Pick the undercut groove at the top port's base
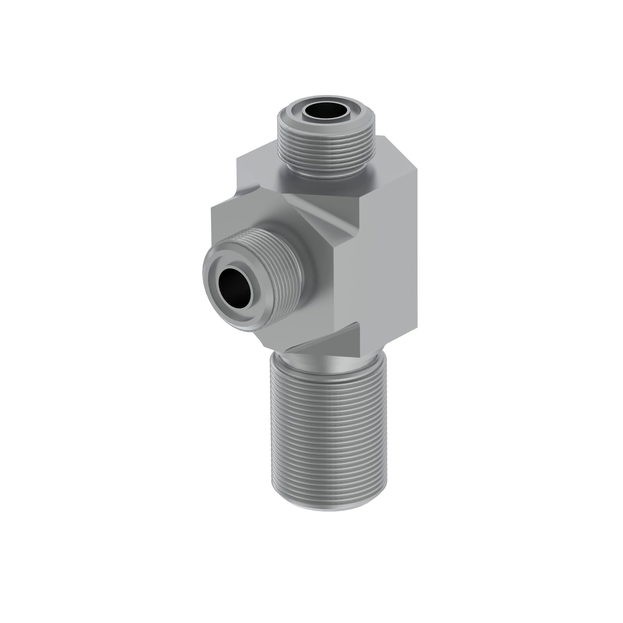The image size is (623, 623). pyautogui.click(x=326, y=174)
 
